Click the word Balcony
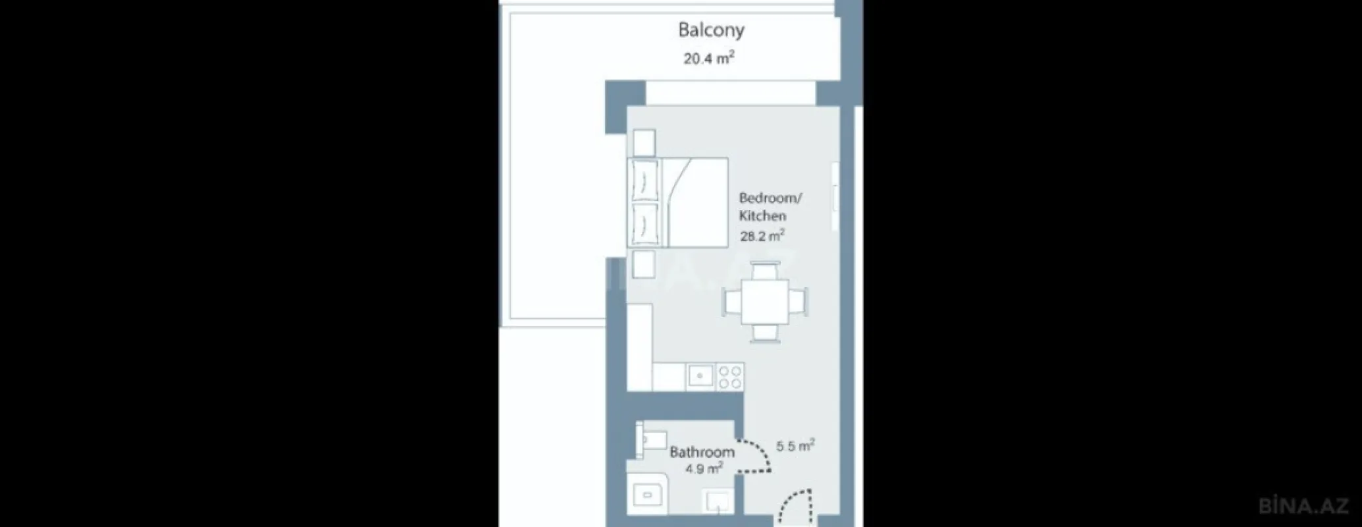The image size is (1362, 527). (711, 30)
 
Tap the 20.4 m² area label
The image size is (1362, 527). (708, 58)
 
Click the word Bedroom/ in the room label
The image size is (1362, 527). (770, 198)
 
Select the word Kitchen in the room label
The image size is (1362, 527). (762, 215)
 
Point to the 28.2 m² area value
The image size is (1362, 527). (762, 236)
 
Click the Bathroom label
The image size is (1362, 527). (702, 452)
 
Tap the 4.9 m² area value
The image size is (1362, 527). (704, 469)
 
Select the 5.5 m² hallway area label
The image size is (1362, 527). (795, 446)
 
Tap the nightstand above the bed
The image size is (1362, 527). (644, 143)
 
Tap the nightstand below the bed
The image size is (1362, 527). (644, 265)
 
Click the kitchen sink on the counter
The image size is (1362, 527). (700, 376)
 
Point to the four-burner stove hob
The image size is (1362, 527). (730, 376)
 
